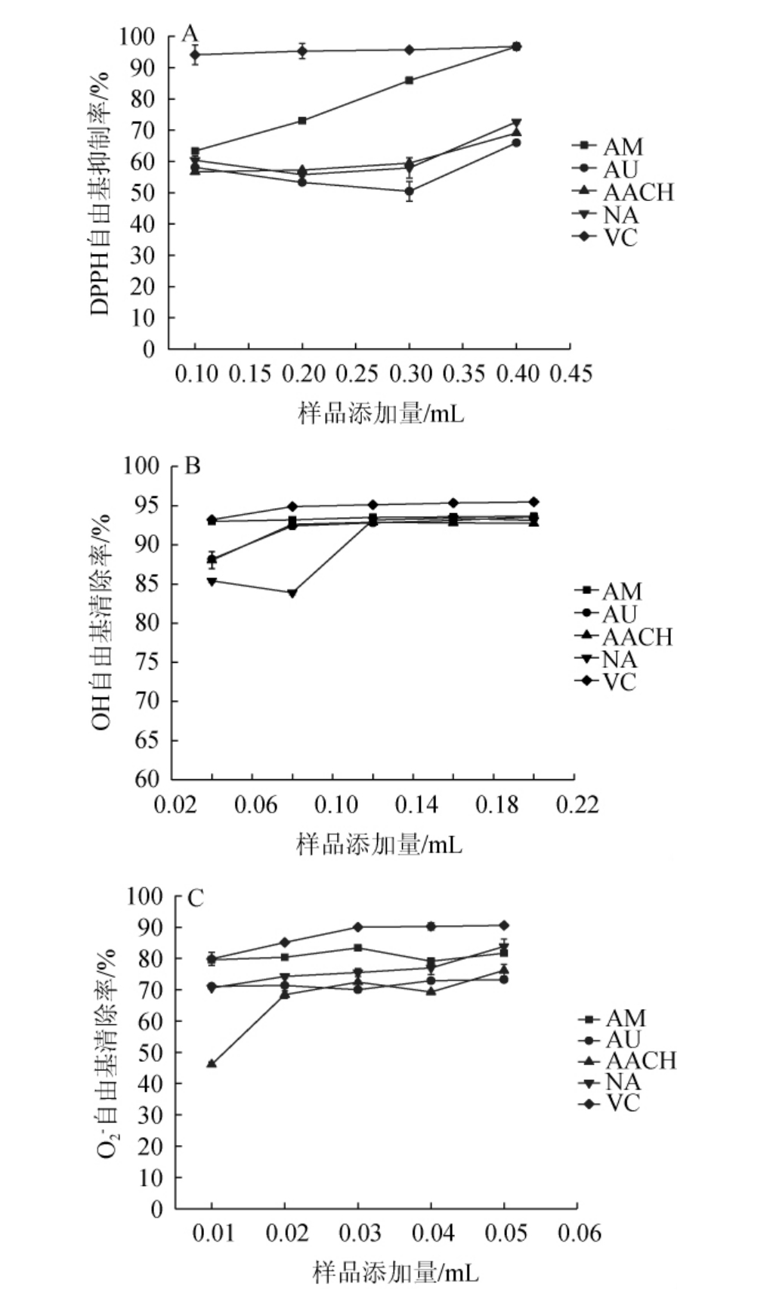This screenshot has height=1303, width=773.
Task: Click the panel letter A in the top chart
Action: pos(190,33)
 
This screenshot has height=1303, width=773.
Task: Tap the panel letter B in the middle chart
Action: pos(193,466)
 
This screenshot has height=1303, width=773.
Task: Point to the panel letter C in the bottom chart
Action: pos(195,899)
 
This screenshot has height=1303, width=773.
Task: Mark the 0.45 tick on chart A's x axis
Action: pos(570,373)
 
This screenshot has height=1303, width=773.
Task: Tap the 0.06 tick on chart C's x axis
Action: pos(577,1233)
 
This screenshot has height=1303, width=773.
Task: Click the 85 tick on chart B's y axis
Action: pos(144,584)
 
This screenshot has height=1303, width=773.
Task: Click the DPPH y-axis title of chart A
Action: pos(100,193)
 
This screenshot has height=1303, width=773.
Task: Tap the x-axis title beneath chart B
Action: pos(379,843)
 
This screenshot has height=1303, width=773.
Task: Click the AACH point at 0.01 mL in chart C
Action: pos(212,1064)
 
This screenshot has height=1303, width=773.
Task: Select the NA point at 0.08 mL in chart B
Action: pos(292,593)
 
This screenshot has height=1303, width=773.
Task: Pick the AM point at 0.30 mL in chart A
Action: pos(409,80)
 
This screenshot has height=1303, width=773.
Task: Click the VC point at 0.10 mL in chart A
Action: pos(195,54)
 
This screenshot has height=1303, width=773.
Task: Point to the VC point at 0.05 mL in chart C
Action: pos(504,925)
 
